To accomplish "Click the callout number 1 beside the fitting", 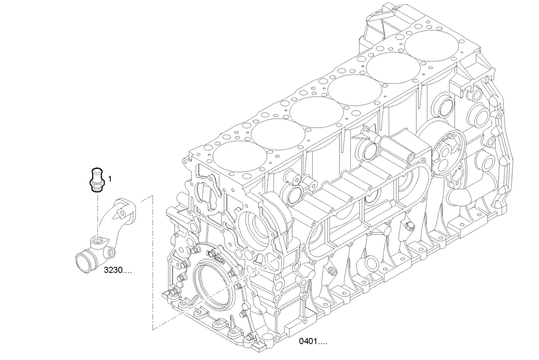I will [109, 178].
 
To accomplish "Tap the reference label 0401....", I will [314, 341].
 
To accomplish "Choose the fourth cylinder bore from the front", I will [351, 89].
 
